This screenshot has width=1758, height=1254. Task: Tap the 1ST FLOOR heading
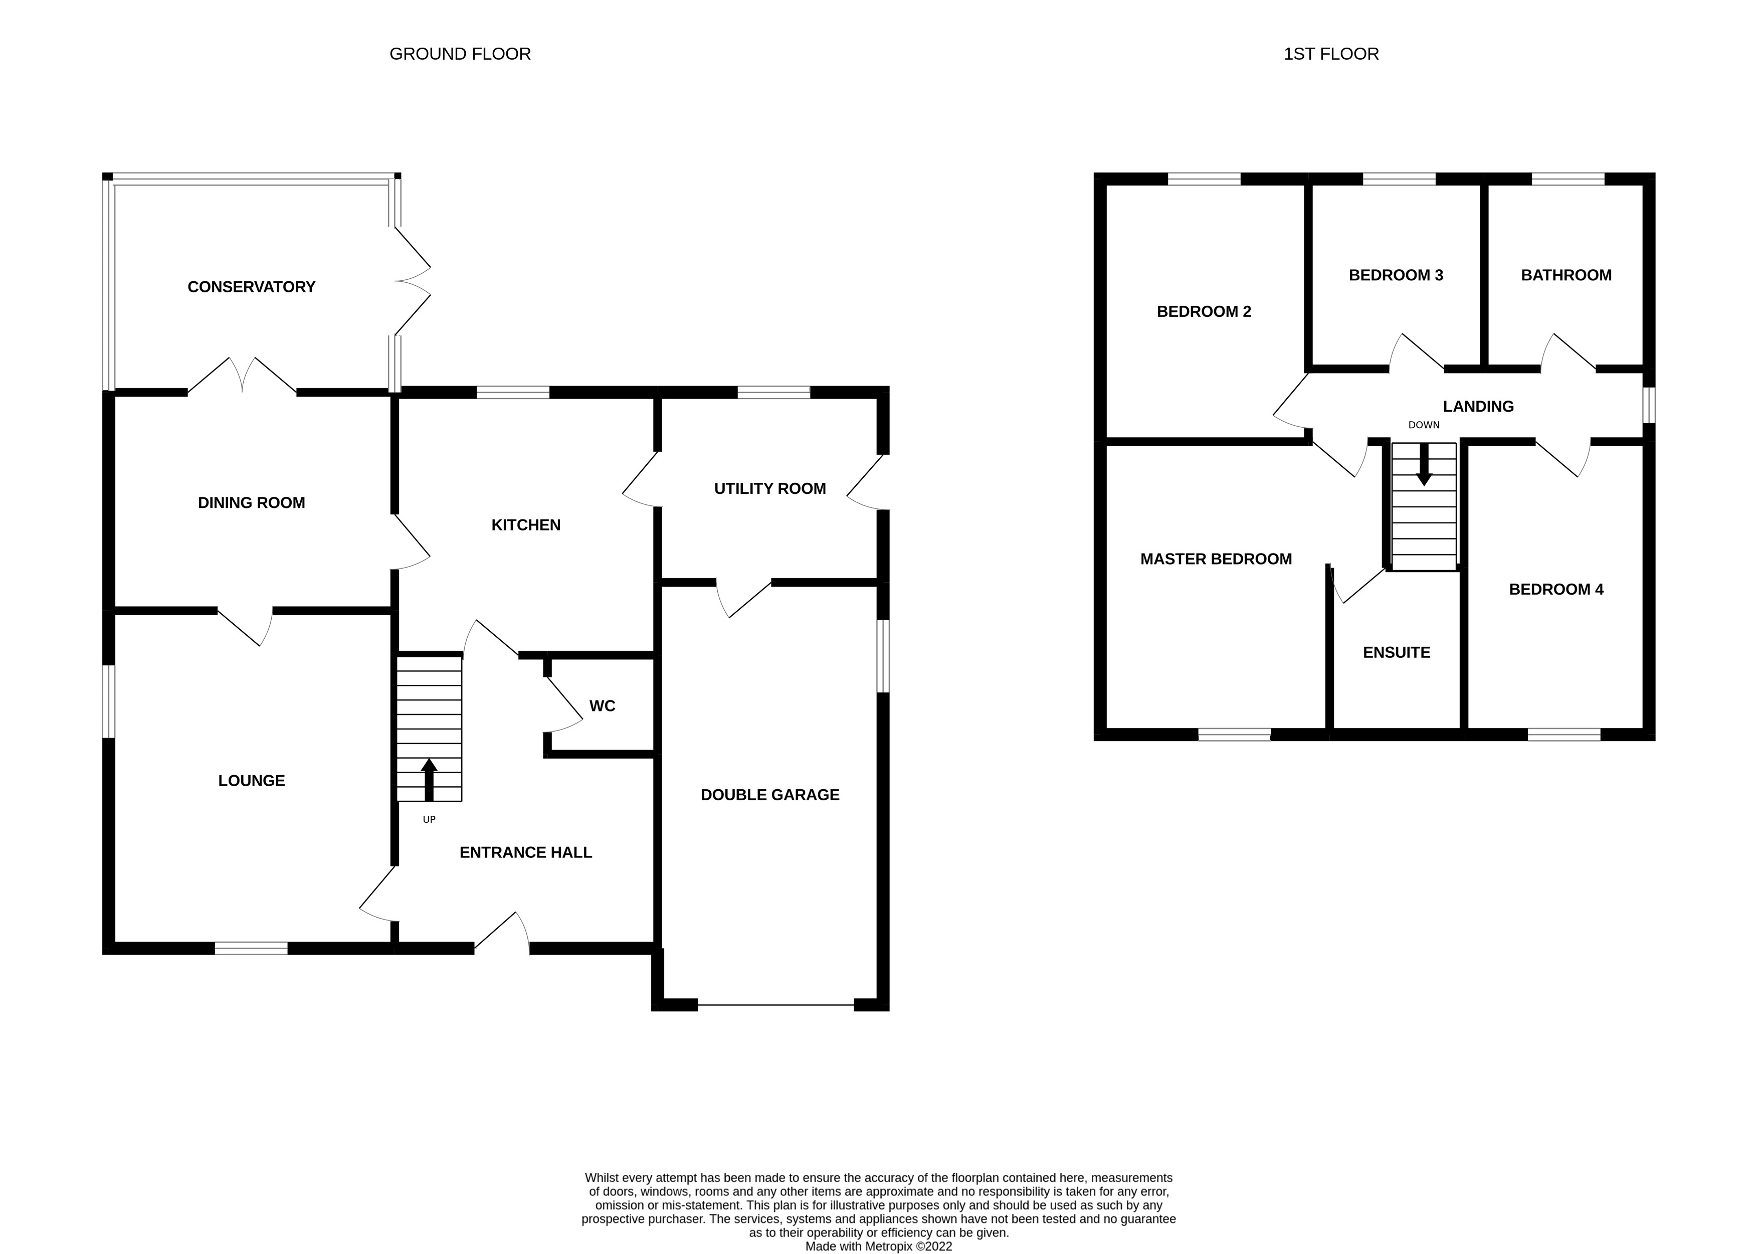[1330, 54]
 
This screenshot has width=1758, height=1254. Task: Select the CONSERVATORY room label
[251, 287]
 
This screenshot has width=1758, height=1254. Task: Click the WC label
[602, 706]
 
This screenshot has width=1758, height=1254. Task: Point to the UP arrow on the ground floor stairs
[429, 780]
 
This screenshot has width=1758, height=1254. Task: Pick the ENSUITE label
[1396, 652]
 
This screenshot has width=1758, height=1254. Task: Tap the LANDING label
[1478, 406]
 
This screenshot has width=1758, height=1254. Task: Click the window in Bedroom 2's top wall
[1204, 179]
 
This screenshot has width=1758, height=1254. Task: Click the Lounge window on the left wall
[109, 701]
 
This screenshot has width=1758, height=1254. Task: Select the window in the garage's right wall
[883, 656]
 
